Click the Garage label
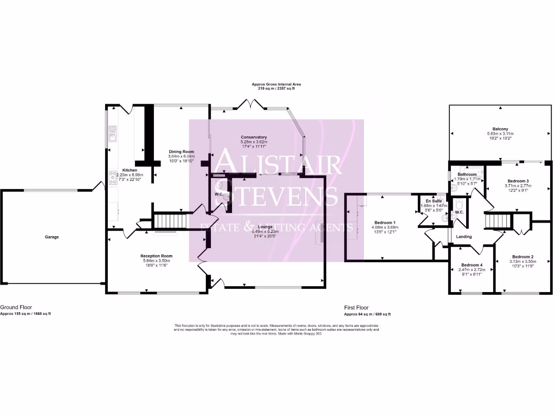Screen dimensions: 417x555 (51, 237)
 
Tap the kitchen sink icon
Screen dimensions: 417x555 (112, 132)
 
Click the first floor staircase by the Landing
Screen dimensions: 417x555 (494, 222)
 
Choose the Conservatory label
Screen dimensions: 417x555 (254, 137)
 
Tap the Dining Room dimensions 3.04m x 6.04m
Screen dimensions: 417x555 (181, 156)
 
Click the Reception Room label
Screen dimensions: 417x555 (156, 256)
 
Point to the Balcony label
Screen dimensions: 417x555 (500, 129)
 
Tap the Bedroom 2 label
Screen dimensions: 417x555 (523, 256)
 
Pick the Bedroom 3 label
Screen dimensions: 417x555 (518, 181)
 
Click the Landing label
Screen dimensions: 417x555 (464, 237)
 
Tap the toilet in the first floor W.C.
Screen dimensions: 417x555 (459, 204)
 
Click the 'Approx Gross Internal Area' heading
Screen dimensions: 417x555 (276, 84)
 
